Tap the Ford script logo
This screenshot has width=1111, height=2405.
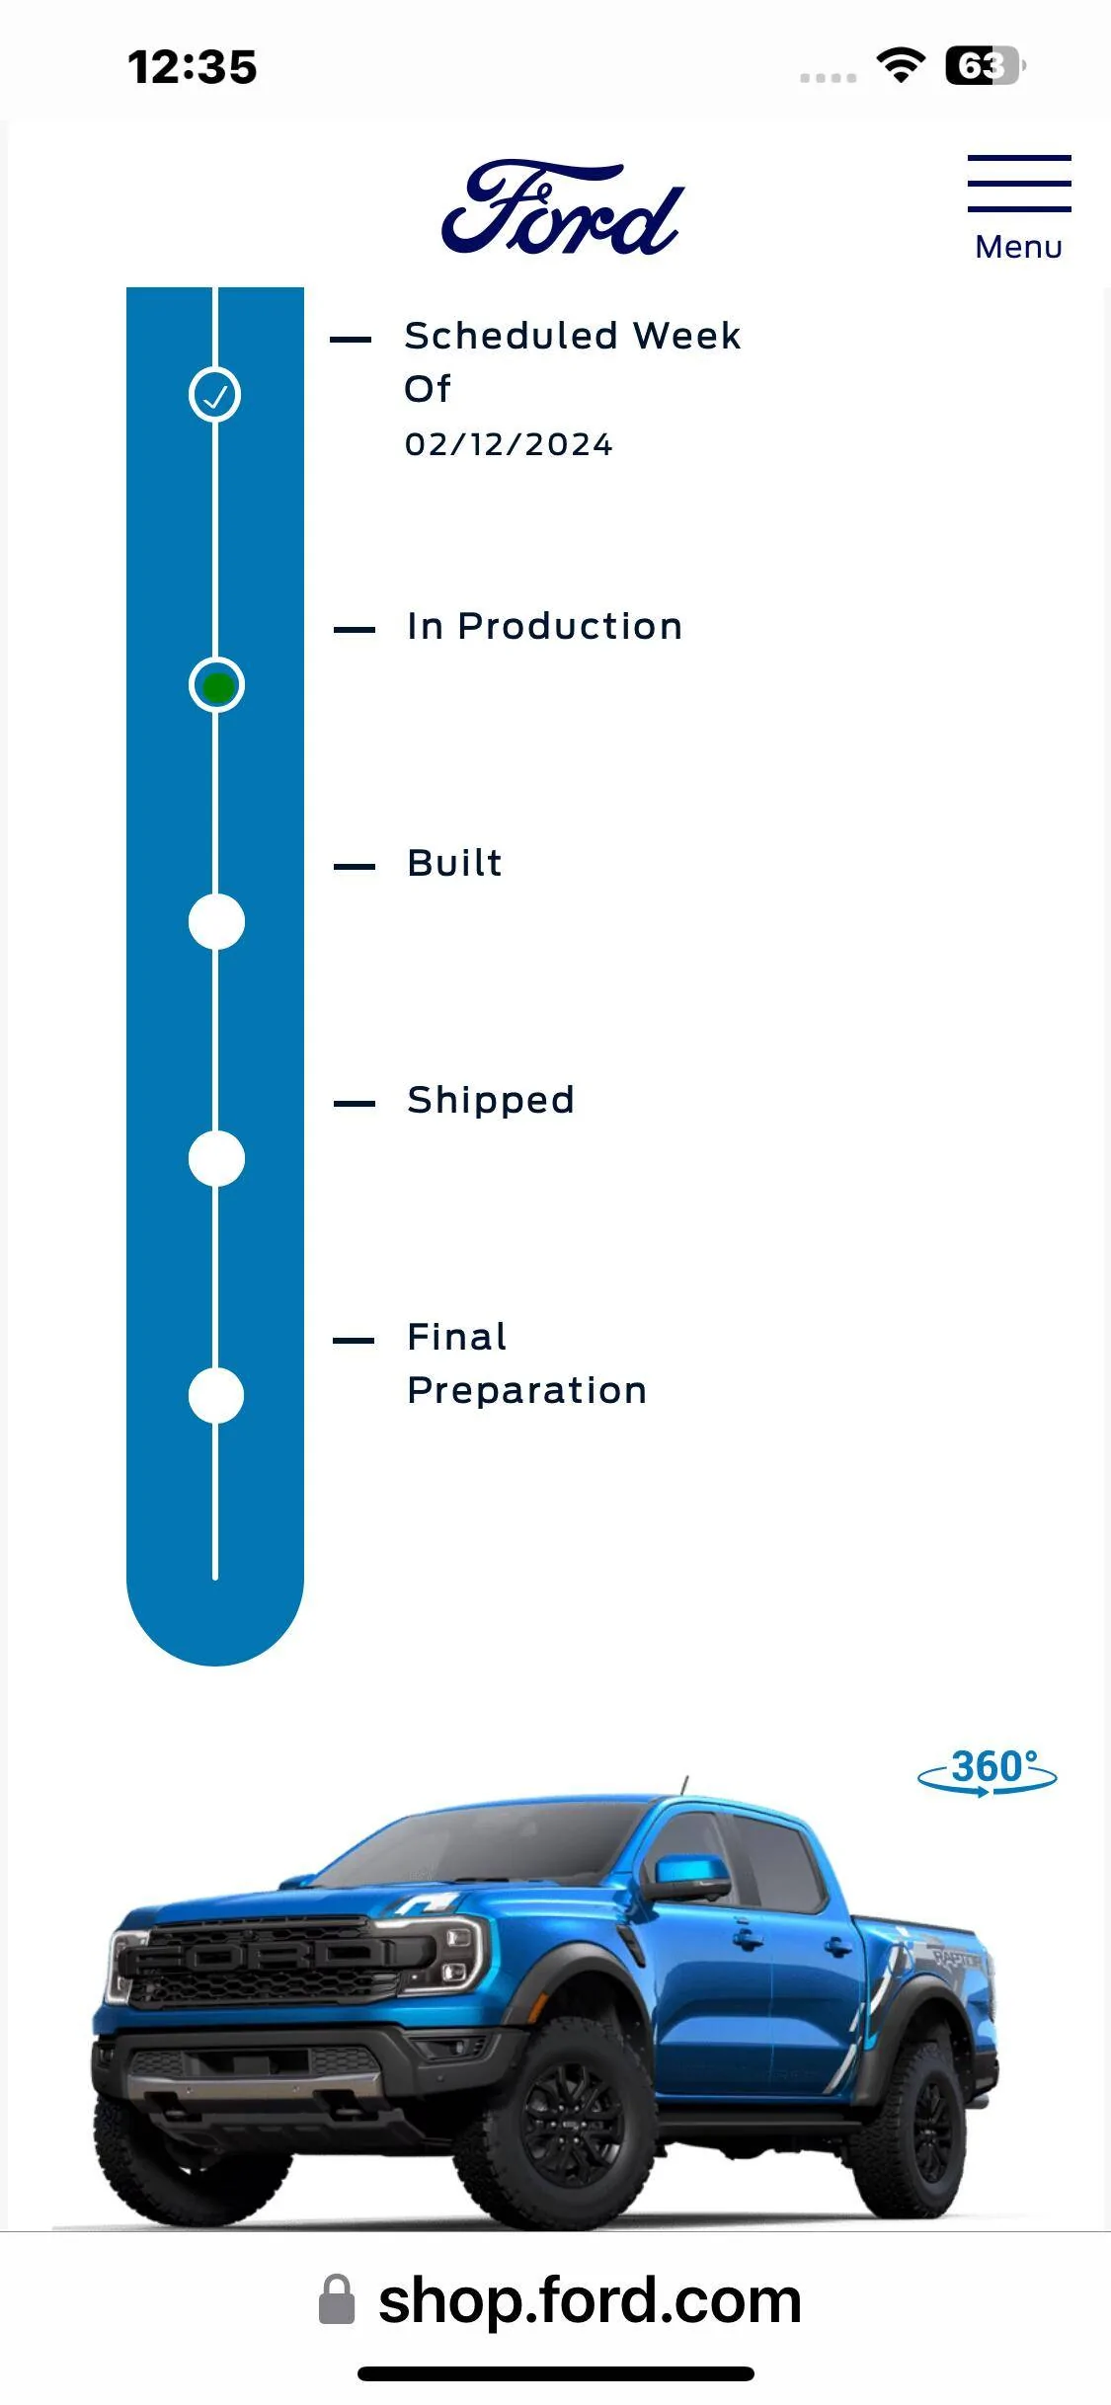(562, 208)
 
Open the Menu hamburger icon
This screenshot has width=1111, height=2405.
(1019, 184)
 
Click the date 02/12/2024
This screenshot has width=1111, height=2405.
(509, 445)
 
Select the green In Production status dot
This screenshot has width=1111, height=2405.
(216, 685)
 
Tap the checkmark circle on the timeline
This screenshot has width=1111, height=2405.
(215, 395)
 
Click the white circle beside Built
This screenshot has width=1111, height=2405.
(216, 922)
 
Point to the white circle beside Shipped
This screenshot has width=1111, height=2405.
(216, 1159)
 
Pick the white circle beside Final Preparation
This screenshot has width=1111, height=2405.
(216, 1396)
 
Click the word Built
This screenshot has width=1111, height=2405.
(454, 863)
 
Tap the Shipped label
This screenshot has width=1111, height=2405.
(491, 1101)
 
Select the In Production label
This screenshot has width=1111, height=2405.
(544, 626)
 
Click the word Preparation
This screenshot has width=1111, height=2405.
(527, 1392)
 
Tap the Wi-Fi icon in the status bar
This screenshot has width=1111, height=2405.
(901, 66)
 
